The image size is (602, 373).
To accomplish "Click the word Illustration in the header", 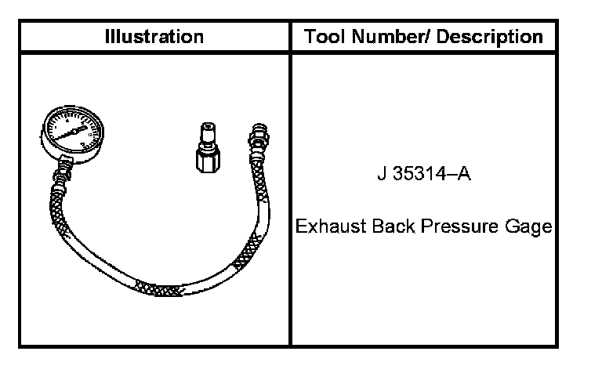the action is pos(154,37).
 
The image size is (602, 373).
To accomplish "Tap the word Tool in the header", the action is pos(325,37).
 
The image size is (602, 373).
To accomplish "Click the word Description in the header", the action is pos(489,38).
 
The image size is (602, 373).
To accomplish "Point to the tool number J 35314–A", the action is pos(424,173).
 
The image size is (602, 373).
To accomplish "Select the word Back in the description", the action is pos(393,226).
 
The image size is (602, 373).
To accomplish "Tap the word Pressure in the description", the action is pos(459,226).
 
